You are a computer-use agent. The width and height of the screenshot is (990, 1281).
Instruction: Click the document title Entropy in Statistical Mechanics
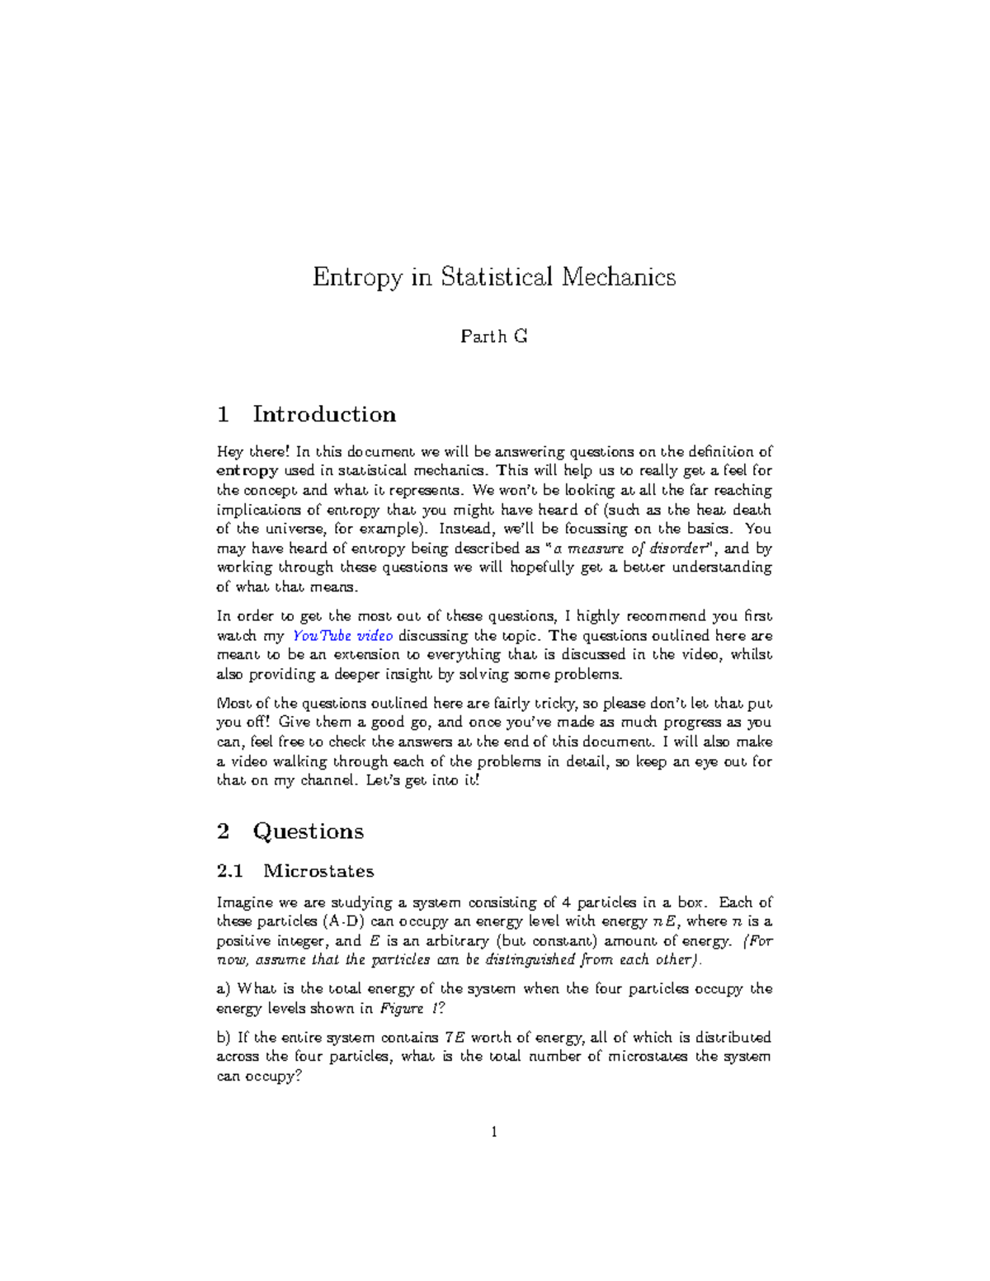pos(493,276)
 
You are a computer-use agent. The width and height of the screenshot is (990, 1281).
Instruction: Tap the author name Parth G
pos(493,337)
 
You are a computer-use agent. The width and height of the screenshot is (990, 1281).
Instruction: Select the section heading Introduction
pos(323,414)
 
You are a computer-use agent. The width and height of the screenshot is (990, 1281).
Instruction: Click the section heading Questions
pos(308,831)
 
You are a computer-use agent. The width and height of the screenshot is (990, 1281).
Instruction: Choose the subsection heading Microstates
pos(318,871)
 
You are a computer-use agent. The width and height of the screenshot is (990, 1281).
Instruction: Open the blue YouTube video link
pos(343,636)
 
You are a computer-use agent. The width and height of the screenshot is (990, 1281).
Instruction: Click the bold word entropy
pos(247,471)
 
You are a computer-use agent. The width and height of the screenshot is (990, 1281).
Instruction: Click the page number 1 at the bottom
pos(494,1133)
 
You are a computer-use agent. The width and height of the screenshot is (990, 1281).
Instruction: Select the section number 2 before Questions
pos(223,831)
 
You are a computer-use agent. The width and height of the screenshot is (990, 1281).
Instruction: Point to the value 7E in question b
pos(455,1038)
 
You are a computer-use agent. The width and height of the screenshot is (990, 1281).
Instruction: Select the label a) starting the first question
pos(224,989)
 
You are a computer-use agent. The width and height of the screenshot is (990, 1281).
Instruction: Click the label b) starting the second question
pos(224,1038)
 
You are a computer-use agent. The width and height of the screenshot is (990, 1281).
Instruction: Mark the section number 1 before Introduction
pos(223,414)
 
